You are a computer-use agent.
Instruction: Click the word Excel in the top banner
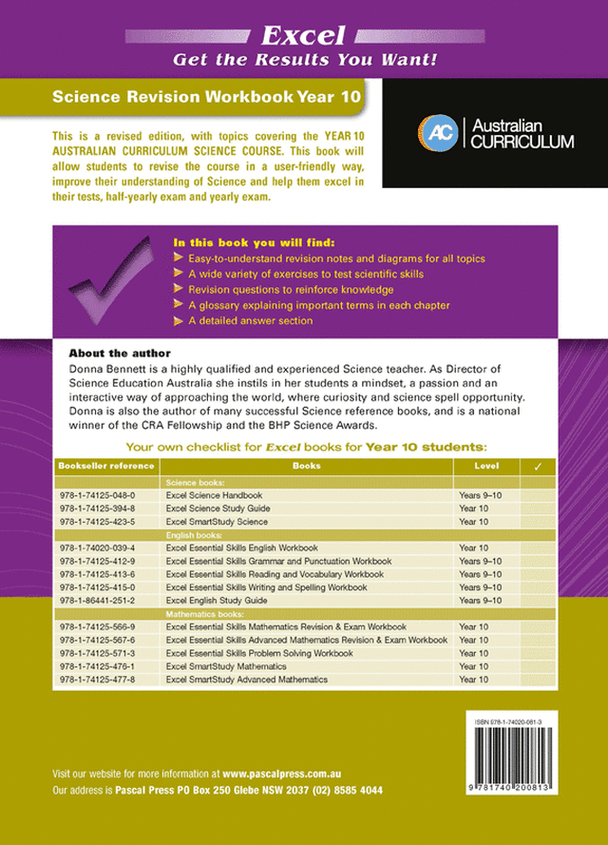click(x=304, y=36)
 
